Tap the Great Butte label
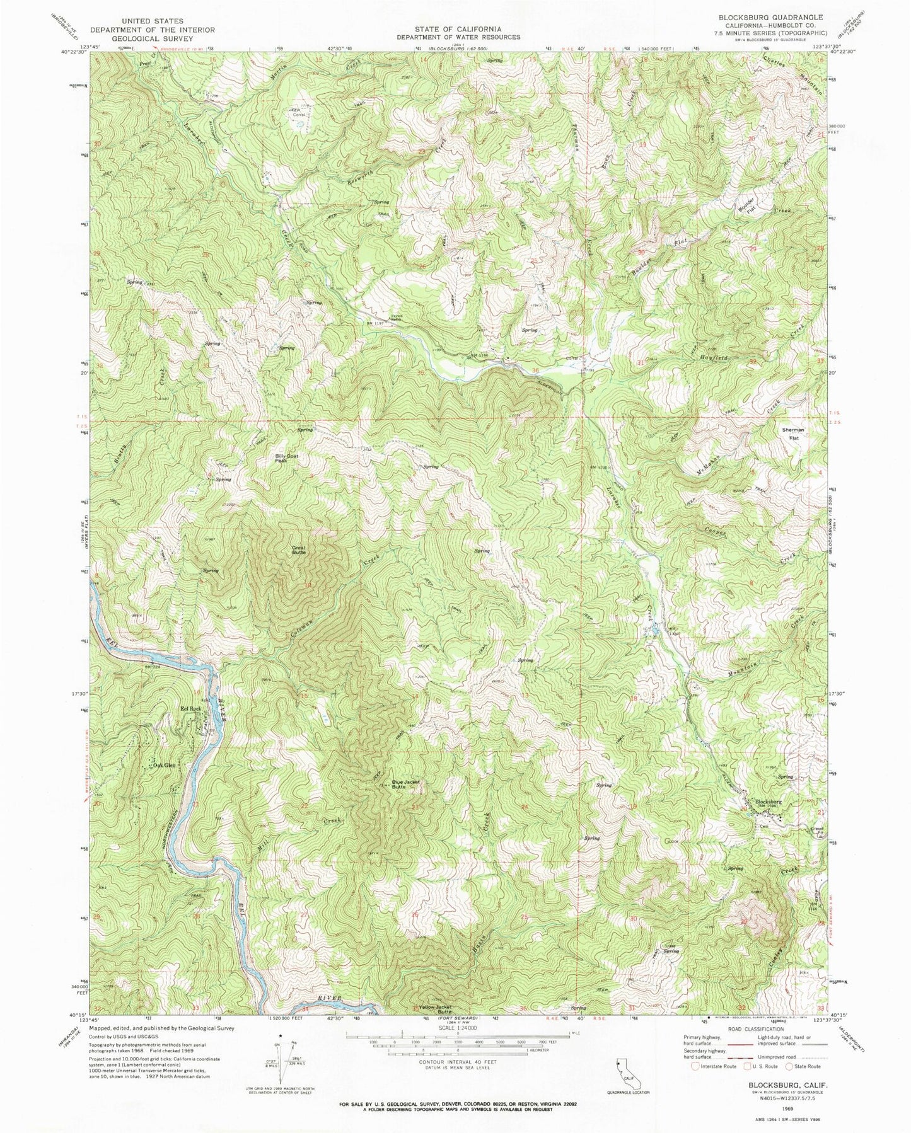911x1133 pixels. click(298, 550)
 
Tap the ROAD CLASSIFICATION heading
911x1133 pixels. click(763, 1028)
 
